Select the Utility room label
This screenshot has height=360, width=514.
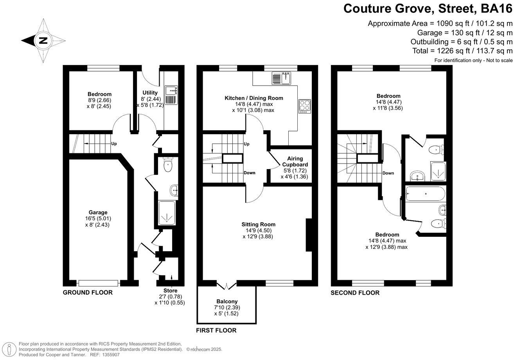coord(150,93)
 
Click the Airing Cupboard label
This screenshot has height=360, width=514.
coord(295,161)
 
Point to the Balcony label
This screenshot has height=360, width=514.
coord(227,301)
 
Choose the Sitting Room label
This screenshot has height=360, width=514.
coord(258,224)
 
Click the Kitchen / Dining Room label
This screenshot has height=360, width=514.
coord(253,98)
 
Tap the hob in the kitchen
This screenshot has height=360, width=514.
coord(304,106)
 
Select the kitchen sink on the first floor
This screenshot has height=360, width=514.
coord(281,79)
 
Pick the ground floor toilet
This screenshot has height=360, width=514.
coord(168,165)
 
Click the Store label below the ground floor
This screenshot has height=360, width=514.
coord(170,291)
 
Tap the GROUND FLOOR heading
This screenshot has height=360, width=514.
coord(88,293)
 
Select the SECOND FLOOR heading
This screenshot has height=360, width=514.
coord(355,293)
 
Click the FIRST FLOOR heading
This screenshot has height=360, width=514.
coord(216,331)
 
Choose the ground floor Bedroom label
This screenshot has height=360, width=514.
coord(99,94)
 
